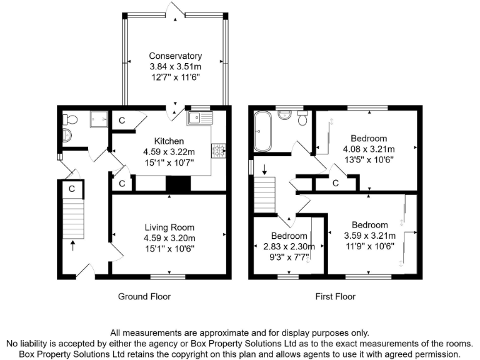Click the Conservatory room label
click(175, 56)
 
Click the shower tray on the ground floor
click(99, 119)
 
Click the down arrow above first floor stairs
click(264, 168)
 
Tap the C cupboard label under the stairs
click(72, 187)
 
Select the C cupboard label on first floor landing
click(336, 183)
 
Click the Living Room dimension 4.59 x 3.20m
click(169, 238)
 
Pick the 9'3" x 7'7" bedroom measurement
click(289, 256)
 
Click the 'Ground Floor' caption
click(144, 296)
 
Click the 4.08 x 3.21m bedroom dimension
click(368, 149)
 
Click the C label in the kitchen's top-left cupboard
click(122, 120)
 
